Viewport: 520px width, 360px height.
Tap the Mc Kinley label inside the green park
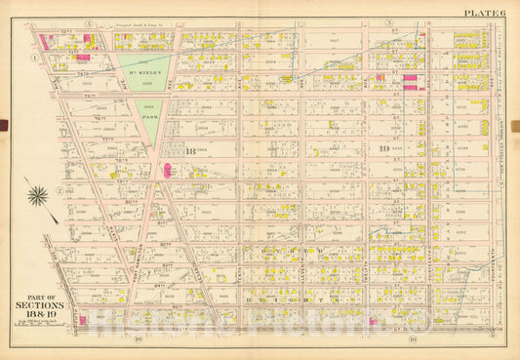click(x=143, y=71)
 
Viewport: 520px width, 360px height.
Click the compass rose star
click(x=38, y=195)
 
